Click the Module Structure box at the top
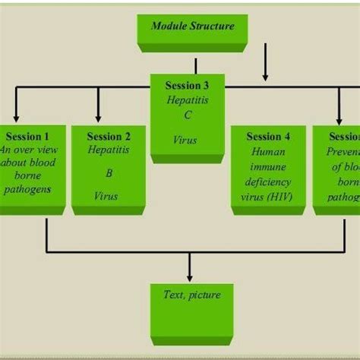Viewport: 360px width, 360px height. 192,27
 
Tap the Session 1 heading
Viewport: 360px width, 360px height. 26,137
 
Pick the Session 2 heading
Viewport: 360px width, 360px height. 109,137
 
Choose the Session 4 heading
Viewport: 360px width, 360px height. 268,137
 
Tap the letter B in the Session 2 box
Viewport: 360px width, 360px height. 109,172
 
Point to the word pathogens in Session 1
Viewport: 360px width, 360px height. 27,188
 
